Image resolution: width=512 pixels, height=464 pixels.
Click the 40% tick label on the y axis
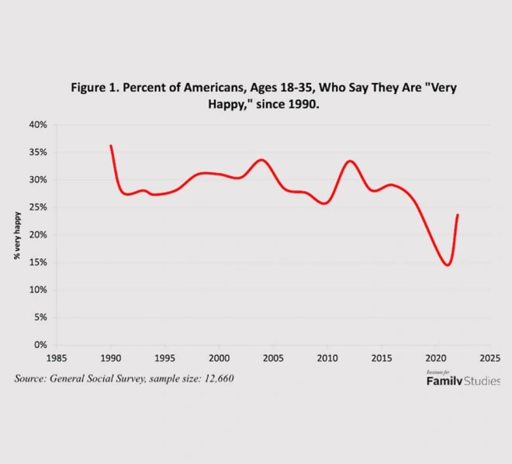[x=38, y=125]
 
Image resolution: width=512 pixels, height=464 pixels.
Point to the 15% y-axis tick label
[x=38, y=262]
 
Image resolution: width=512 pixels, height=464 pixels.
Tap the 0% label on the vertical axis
[x=40, y=345]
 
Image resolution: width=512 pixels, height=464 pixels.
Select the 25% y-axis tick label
[x=38, y=207]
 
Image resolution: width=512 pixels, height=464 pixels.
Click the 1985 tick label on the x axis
[x=57, y=358]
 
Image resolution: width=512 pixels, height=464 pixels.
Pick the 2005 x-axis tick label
[x=273, y=358]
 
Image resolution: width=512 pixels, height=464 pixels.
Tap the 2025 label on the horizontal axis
[x=490, y=358]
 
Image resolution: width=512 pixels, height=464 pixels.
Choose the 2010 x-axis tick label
[x=327, y=358]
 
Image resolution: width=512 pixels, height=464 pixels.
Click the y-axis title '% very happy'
[x=17, y=235]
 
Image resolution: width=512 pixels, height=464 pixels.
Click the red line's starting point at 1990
[x=111, y=146]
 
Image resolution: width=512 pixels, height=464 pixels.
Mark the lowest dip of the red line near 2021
[x=448, y=265]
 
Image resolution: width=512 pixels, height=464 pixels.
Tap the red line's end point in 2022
[x=458, y=214]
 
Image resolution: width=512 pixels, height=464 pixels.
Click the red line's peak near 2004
[x=262, y=160]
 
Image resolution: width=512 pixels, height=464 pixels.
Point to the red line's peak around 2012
[x=350, y=161]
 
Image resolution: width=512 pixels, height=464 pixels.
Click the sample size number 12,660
[x=219, y=379]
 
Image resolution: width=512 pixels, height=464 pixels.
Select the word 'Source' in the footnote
[x=30, y=379]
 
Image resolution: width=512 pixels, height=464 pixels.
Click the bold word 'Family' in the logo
[x=444, y=381]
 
